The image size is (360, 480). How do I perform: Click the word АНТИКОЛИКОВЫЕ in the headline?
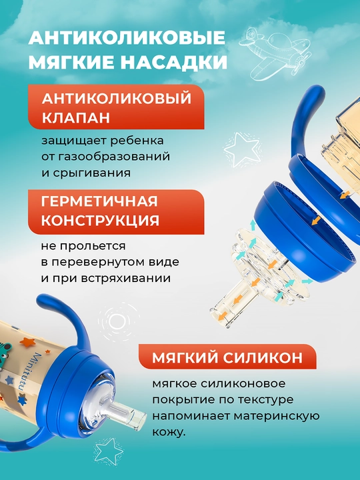point(127,38)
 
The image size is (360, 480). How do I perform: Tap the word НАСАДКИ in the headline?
point(173,62)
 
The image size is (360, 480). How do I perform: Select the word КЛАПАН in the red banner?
point(76,117)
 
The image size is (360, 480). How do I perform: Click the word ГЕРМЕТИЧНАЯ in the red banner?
point(99,201)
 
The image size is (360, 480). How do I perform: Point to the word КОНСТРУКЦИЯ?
point(101,221)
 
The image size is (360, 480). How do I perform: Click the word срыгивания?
point(92,173)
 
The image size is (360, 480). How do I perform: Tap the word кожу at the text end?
point(169,432)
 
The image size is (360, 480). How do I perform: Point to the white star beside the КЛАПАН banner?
point(243,149)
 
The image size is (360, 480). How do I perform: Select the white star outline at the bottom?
point(108,451)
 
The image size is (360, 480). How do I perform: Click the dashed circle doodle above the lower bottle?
point(115,321)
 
